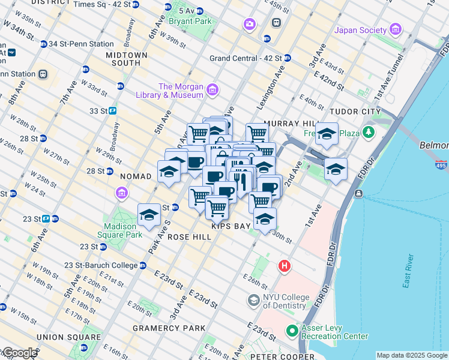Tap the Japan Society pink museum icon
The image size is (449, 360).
pyautogui.click(x=395, y=29)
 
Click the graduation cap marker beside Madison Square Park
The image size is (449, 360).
pyautogui.click(x=149, y=215)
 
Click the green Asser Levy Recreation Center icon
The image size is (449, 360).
pyautogui.click(x=292, y=331)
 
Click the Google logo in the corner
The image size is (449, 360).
pyautogui.click(x=19, y=353)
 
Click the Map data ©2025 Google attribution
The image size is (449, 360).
pyautogui.click(x=411, y=355)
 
